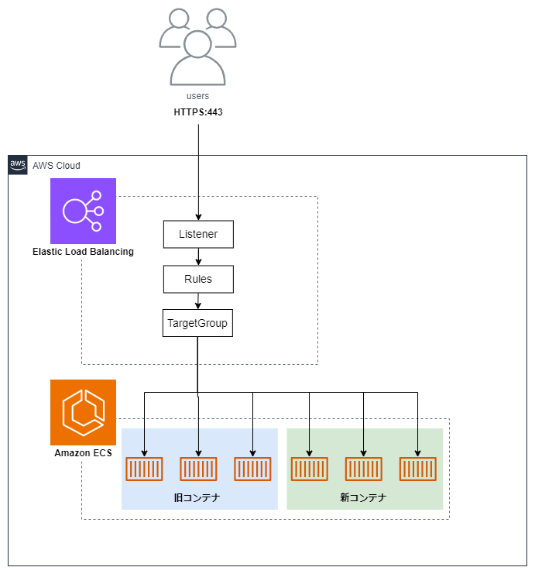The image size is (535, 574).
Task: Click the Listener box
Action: pos(198,234)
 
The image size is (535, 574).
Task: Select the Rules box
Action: pos(198,279)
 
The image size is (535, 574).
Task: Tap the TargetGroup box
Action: pos(198,323)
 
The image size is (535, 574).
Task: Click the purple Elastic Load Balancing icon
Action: pos(83,211)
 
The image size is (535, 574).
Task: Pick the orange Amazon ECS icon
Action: pos(83,412)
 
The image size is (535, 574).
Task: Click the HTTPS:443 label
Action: pos(198,112)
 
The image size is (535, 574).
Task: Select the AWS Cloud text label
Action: pos(56,166)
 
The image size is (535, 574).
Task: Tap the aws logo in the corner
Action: pos(18,165)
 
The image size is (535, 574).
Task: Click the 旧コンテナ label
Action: pos(199,497)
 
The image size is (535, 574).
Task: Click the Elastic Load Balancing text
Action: pos(83,252)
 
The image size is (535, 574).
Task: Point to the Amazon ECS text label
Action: pos(83,453)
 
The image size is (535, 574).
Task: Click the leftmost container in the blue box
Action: pos(145,469)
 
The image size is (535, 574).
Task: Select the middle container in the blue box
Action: pos(199,469)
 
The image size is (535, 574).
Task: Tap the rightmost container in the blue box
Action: pos(252,469)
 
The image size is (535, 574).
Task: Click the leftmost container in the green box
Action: pos(309,469)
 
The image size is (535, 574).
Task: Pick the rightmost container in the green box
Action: pos(418,469)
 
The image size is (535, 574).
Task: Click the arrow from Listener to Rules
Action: pos(198,256)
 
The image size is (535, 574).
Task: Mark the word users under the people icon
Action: pos(198,96)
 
